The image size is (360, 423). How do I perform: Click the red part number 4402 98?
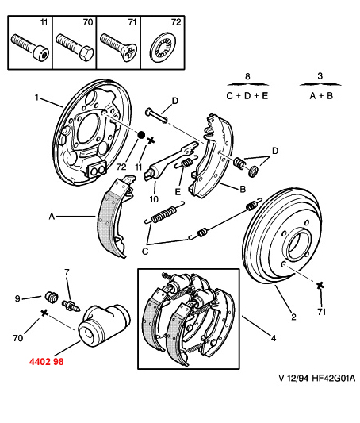pos(47,361)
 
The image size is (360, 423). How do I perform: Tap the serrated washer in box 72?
pos(163,47)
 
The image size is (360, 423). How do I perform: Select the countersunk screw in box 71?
pos(118,47)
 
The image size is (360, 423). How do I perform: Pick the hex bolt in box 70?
pos(75,46)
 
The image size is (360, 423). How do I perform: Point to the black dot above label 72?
pos(141,134)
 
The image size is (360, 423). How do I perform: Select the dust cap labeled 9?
pos(52,296)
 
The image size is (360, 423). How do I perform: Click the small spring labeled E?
pos(186,163)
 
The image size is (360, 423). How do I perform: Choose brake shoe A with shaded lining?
pos(115,217)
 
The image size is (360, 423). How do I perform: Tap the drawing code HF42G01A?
pos(334,378)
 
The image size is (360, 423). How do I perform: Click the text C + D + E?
pos(247,96)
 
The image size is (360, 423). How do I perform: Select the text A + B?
pos(321,96)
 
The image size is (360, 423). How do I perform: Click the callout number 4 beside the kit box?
pos(274,338)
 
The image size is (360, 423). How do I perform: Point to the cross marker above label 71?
pos(320,286)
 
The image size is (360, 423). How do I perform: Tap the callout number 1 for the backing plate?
pos(37,98)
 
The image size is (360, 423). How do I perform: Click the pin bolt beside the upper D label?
pos(156,115)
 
